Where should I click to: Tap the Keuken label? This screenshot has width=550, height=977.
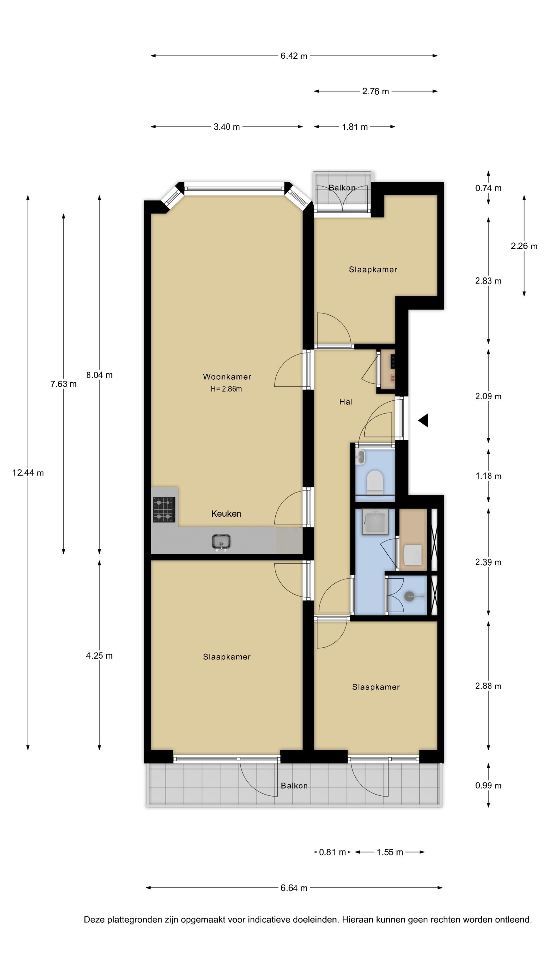pos(226,514)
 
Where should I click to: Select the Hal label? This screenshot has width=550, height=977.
pos(346,402)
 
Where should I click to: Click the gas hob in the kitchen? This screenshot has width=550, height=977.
pos(164,509)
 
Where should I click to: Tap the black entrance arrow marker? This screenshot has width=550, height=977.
pos(423,420)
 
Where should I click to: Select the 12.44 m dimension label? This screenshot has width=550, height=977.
pos(28,473)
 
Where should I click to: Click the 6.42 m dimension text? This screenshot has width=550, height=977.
pos(294,56)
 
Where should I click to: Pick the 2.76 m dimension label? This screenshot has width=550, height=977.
pos(375,91)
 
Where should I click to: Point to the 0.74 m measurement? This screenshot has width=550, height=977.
pos(488,188)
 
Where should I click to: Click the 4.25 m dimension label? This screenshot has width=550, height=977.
pos(99,655)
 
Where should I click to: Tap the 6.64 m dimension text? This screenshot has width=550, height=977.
pos(294,888)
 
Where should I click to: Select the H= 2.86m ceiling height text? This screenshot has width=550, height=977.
pos(226,389)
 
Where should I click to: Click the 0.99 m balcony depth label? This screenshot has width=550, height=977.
pos(488,785)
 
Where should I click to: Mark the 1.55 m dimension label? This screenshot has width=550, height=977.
pos(389,852)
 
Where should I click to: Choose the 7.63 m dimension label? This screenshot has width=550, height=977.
pos(63,384)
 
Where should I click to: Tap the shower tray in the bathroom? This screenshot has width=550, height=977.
pos(375,522)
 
